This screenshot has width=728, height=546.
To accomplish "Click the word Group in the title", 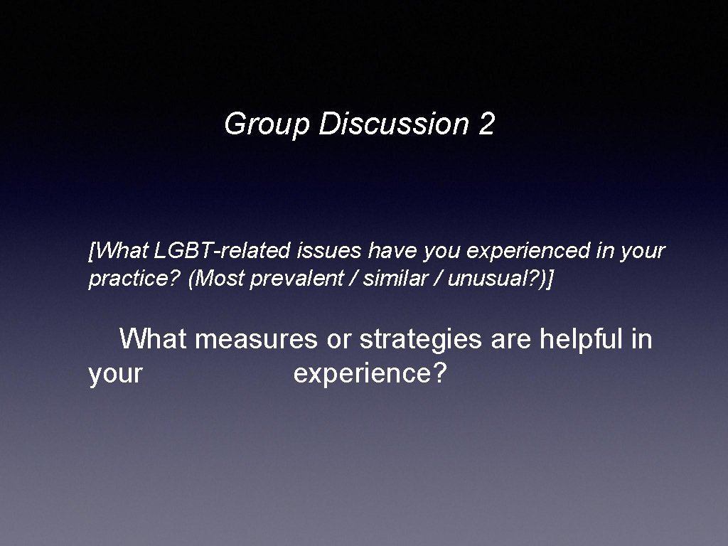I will point(267,125).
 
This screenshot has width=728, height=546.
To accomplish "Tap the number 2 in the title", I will point(487,124).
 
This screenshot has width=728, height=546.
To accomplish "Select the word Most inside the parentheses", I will point(216,279).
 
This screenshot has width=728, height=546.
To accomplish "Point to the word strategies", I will point(421,340).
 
